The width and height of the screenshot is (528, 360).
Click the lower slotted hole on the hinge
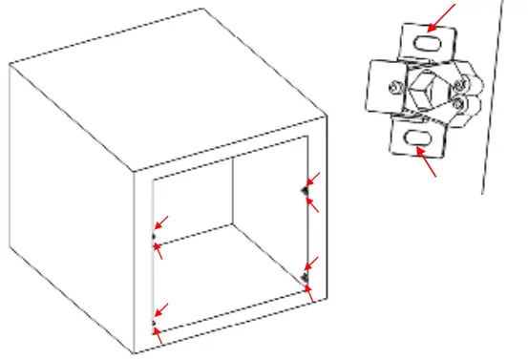coord(418,139)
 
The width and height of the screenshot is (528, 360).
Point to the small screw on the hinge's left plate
coord(394,89)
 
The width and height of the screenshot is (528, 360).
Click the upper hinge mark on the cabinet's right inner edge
coord(306,190)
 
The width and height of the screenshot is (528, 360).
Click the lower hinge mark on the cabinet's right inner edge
coord(306,277)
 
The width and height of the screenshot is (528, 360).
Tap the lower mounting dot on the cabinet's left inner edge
coord(153,322)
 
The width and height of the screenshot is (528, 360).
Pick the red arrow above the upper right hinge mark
coord(312,180)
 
